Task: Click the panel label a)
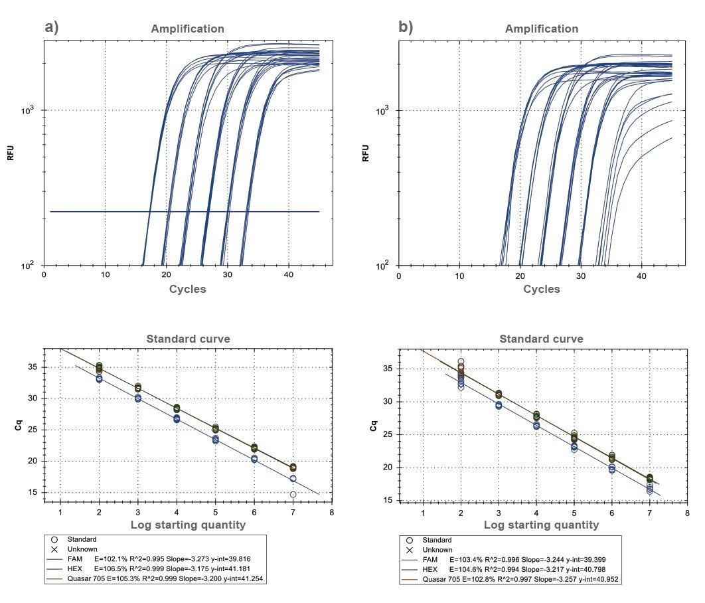[52, 27]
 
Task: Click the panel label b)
[406, 27]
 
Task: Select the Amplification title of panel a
[187, 29]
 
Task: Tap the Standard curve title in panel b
[541, 339]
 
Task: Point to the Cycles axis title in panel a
[187, 289]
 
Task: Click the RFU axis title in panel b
[365, 153]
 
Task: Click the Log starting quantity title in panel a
[187, 525]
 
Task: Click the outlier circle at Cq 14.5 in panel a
[293, 495]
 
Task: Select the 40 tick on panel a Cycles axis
[288, 274]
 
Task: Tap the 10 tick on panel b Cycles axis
[459, 274]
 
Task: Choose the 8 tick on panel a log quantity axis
[331, 512]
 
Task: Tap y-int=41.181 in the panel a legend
[228, 569]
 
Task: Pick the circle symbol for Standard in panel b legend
[410, 540]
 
